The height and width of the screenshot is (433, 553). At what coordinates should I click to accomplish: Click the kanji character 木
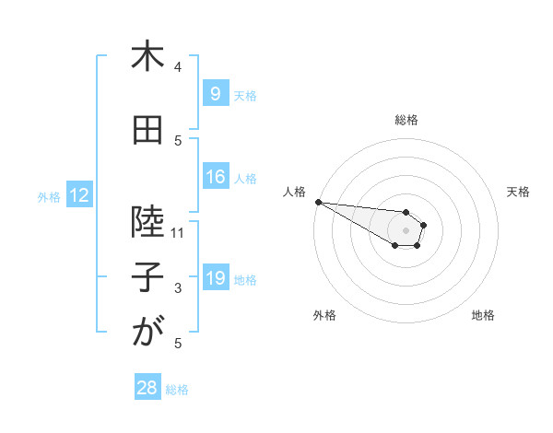[147, 58]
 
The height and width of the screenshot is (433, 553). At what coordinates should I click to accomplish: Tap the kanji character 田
[147, 132]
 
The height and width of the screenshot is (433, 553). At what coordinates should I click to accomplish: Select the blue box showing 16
[215, 178]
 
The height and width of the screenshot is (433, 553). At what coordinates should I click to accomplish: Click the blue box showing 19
[215, 279]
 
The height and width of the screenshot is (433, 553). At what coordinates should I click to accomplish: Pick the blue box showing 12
[78, 196]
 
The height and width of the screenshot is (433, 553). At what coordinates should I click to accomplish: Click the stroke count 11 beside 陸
[178, 233]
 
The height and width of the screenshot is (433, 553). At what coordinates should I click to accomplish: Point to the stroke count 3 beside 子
[178, 288]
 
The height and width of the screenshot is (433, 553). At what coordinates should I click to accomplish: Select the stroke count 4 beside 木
[178, 67]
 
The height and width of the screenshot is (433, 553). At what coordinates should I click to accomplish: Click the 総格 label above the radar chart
[406, 120]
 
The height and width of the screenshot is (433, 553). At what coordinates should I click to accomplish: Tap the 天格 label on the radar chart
[518, 192]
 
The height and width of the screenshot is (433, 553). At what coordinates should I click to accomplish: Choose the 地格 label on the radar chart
[483, 315]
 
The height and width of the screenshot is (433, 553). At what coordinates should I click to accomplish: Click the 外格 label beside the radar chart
[324, 315]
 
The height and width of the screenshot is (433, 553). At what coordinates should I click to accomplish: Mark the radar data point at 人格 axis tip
[317, 202]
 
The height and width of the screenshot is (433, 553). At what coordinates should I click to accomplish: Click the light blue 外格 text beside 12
[49, 196]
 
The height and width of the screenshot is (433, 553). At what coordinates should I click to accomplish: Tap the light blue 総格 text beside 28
[177, 390]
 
